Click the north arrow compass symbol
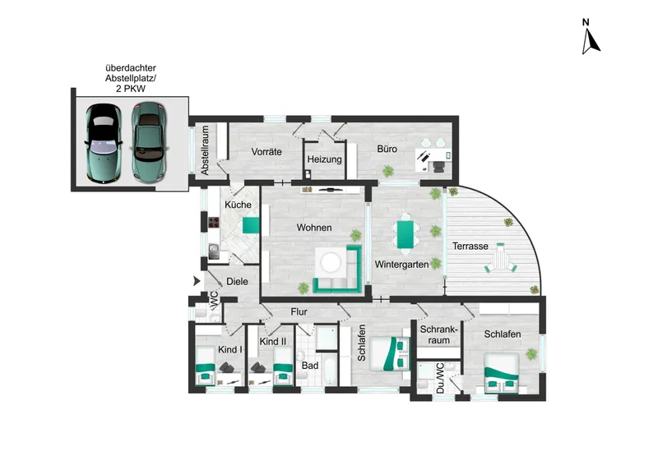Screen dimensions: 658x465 pyautogui.click(x=591, y=37)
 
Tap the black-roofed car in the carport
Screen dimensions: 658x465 pyautogui.click(x=104, y=143)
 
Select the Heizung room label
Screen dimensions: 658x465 pyautogui.click(x=324, y=159)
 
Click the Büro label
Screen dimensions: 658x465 pyautogui.click(x=387, y=149)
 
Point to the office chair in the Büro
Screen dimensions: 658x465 pyautogui.click(x=438, y=166)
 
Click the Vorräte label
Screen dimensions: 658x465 pyautogui.click(x=266, y=152)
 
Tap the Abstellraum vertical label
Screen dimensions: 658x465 pyautogui.click(x=205, y=150)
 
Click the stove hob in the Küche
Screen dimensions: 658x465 pyautogui.click(x=214, y=222)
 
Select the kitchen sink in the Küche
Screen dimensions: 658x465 pyautogui.click(x=214, y=251)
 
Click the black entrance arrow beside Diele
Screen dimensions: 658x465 pyautogui.click(x=197, y=281)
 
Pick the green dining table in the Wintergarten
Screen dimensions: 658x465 pyautogui.click(x=405, y=234)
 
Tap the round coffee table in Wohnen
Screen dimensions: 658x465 pyautogui.click(x=331, y=263)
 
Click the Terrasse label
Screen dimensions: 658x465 pyautogui.click(x=470, y=246)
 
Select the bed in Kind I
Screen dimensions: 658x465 pyautogui.click(x=205, y=366)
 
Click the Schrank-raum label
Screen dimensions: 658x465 pyautogui.click(x=438, y=335)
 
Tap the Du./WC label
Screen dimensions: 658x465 pyautogui.click(x=440, y=378)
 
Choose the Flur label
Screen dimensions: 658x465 pyautogui.click(x=299, y=312)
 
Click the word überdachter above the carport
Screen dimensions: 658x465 pyautogui.click(x=131, y=67)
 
